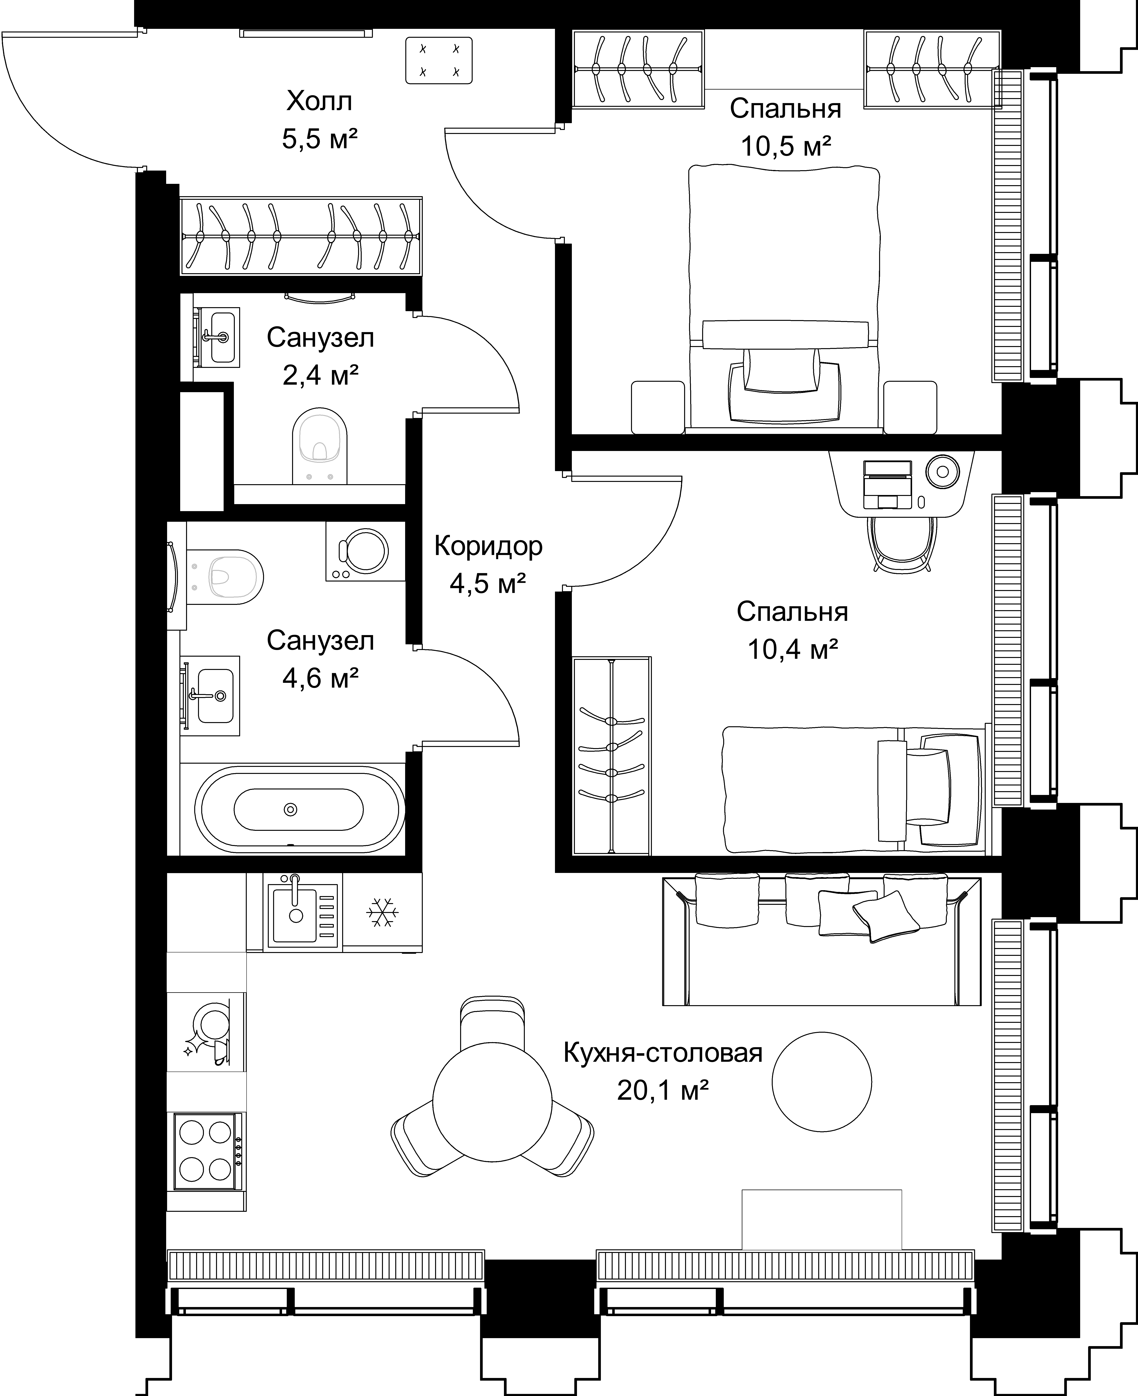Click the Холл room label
click(x=319, y=102)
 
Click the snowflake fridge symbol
click(x=382, y=912)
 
